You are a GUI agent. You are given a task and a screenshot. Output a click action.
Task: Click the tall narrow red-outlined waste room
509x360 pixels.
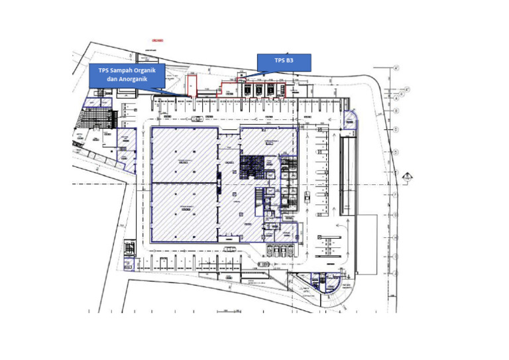point(191,87)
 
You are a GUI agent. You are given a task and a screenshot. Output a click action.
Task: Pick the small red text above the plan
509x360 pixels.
point(157,40)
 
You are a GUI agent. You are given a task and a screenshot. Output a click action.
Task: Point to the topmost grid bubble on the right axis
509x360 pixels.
point(396,68)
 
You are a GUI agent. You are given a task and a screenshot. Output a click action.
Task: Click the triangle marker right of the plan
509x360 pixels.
point(407,175)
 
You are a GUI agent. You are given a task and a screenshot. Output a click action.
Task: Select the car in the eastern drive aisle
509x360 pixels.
point(308,197)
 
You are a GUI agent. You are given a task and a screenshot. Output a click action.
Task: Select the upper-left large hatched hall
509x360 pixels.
point(184,154)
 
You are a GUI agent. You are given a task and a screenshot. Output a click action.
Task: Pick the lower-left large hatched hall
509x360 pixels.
point(184,212)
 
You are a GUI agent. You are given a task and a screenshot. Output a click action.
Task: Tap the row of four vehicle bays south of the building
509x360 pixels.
point(279,251)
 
